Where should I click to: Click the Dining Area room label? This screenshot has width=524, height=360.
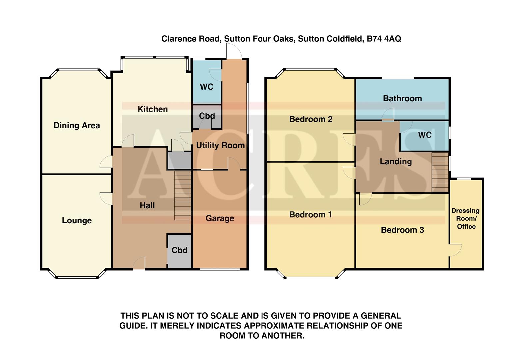[x=77, y=126]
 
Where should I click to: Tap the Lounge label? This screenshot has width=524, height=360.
[x=77, y=220]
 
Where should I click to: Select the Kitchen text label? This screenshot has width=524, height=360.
[x=153, y=109]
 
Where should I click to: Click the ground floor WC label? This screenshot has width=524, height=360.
[x=206, y=87]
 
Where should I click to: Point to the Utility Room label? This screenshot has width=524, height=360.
[x=220, y=145]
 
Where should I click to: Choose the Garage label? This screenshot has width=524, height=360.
[x=220, y=218]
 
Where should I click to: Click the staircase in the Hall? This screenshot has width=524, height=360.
[x=183, y=196]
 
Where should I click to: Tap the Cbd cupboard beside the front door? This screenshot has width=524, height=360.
[x=179, y=250]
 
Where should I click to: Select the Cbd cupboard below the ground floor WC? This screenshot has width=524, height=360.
[x=207, y=116]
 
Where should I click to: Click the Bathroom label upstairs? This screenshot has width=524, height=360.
[x=402, y=98]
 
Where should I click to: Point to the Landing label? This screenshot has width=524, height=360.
[x=396, y=162]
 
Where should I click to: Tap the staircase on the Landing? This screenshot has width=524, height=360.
[x=440, y=172]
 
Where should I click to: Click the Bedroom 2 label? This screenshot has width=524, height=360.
[x=311, y=119]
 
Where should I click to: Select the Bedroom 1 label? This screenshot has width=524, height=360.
[x=310, y=215]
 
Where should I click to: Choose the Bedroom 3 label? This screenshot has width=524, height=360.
[x=402, y=230]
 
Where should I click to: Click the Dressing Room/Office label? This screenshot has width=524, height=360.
[x=466, y=219]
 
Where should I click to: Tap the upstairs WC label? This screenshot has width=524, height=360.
[x=425, y=135]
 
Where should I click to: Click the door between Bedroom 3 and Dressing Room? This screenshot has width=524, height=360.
[x=455, y=250]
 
